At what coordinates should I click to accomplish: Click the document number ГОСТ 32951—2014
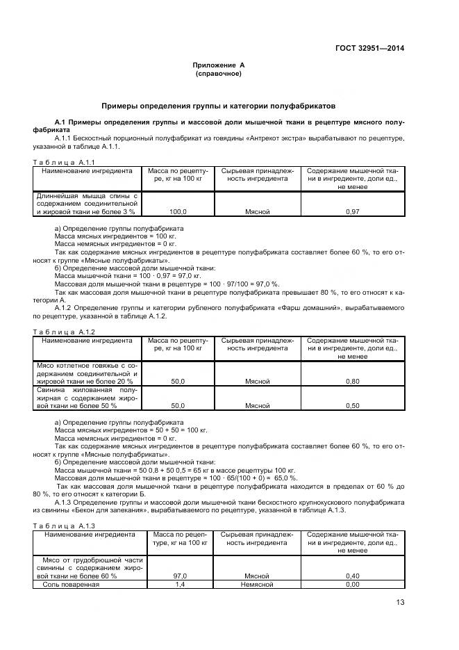[369, 48]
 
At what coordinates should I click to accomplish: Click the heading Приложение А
[219, 65]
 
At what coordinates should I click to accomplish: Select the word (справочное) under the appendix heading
[219, 73]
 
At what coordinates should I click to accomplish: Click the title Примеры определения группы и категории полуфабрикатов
[219, 106]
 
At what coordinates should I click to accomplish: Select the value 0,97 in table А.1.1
[352, 211]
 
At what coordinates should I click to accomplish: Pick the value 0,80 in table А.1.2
[352, 382]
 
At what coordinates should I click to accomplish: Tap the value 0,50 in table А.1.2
[352, 405]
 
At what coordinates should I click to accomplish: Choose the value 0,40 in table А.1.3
[352, 576]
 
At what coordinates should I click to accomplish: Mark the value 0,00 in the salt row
[352, 584]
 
